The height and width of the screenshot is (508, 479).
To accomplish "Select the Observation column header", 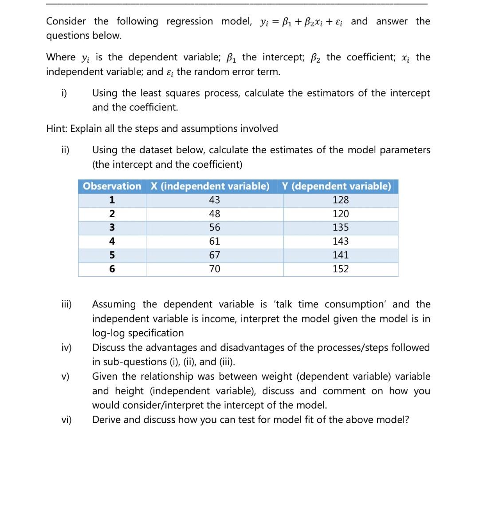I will (112, 186).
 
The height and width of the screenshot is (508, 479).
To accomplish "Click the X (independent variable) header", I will (210, 186).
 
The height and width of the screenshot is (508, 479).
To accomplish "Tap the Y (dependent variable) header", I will (337, 186).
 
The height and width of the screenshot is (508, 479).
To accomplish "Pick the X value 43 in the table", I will (215, 200).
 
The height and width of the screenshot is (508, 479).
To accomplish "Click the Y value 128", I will (341, 200).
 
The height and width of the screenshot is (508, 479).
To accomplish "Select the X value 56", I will (215, 227).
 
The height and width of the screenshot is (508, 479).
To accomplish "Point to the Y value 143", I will (341, 241).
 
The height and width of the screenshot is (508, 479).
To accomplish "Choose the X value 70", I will (215, 269).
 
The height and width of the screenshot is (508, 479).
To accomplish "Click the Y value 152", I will (341, 269).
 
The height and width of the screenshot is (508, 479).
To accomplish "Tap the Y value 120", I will (341, 214).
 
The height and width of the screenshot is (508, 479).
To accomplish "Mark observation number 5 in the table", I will (112, 255).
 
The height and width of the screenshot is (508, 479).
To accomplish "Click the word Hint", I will (57, 129).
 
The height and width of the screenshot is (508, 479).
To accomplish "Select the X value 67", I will (215, 255).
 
